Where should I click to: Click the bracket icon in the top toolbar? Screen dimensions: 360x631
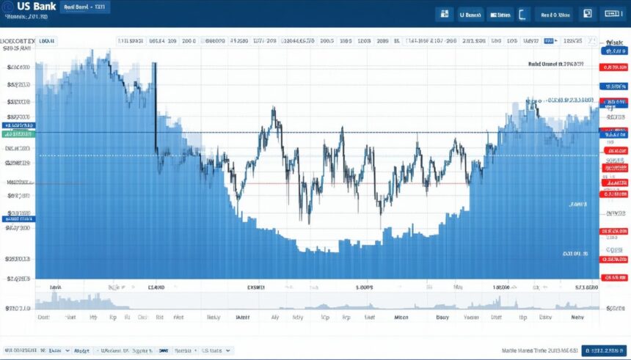point(522,13)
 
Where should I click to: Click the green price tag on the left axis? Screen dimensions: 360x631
point(19,134)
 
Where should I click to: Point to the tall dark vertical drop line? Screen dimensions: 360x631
point(156,106)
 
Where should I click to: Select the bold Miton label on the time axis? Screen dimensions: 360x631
point(401,318)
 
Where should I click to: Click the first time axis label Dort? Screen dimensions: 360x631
point(43,318)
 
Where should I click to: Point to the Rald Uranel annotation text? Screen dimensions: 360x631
point(555,65)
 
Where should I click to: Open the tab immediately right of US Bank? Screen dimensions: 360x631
point(84,7)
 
